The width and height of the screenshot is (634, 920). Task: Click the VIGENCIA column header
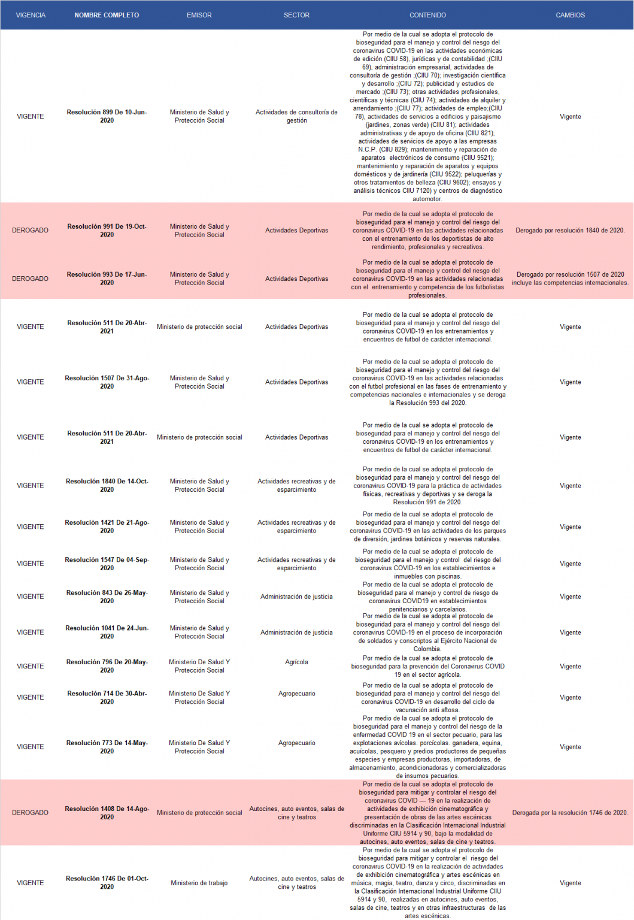pyautogui.click(x=31, y=15)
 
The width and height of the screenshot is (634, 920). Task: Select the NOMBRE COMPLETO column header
pyautogui.click(x=107, y=15)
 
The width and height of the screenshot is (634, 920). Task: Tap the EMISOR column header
pyautogui.click(x=199, y=15)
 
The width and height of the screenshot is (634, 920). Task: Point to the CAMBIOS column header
pyautogui.click(x=570, y=15)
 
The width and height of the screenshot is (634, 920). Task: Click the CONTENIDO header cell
pyautogui.click(x=427, y=15)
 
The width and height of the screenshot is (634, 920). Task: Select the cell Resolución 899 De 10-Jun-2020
pyautogui.click(x=107, y=116)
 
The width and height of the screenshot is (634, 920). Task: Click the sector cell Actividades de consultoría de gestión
pyautogui.click(x=296, y=116)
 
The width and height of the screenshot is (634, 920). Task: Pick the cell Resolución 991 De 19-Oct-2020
pyautogui.click(x=107, y=231)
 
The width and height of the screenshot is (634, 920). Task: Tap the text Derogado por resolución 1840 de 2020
pyautogui.click(x=570, y=231)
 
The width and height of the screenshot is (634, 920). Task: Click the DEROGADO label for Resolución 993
pyautogui.click(x=31, y=279)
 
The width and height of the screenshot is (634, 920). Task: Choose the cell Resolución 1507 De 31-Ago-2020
pyautogui.click(x=107, y=382)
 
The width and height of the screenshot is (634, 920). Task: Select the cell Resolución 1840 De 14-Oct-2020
pyautogui.click(x=107, y=486)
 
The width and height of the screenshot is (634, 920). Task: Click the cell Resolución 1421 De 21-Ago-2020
pyautogui.click(x=107, y=527)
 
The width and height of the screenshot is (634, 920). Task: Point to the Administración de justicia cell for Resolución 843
pyautogui.click(x=296, y=597)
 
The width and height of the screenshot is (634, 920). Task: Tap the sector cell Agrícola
pyautogui.click(x=296, y=662)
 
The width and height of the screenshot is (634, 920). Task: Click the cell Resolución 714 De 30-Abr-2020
pyautogui.click(x=107, y=698)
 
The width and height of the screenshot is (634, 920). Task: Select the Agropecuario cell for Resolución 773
pyautogui.click(x=296, y=743)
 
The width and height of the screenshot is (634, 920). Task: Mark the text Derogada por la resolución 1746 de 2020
pyautogui.click(x=570, y=813)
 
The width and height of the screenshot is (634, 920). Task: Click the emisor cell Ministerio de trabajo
pyautogui.click(x=199, y=883)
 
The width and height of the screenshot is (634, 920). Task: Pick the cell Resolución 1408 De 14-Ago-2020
pyautogui.click(x=107, y=813)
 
